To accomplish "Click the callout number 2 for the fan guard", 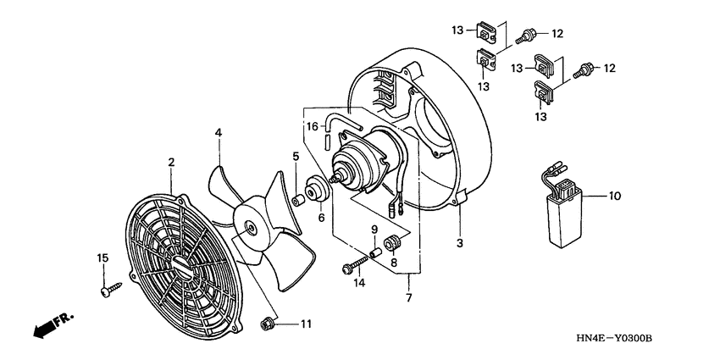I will tap(171, 162).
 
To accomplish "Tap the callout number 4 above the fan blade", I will tap(218, 133).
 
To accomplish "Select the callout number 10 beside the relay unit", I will tap(615, 196).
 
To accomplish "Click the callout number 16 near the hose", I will tap(313, 127).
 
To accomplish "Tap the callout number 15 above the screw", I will tap(102, 258).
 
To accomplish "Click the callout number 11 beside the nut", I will tap(307, 324).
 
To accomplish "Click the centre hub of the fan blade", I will tap(252, 226).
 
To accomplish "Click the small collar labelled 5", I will tap(298, 199).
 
